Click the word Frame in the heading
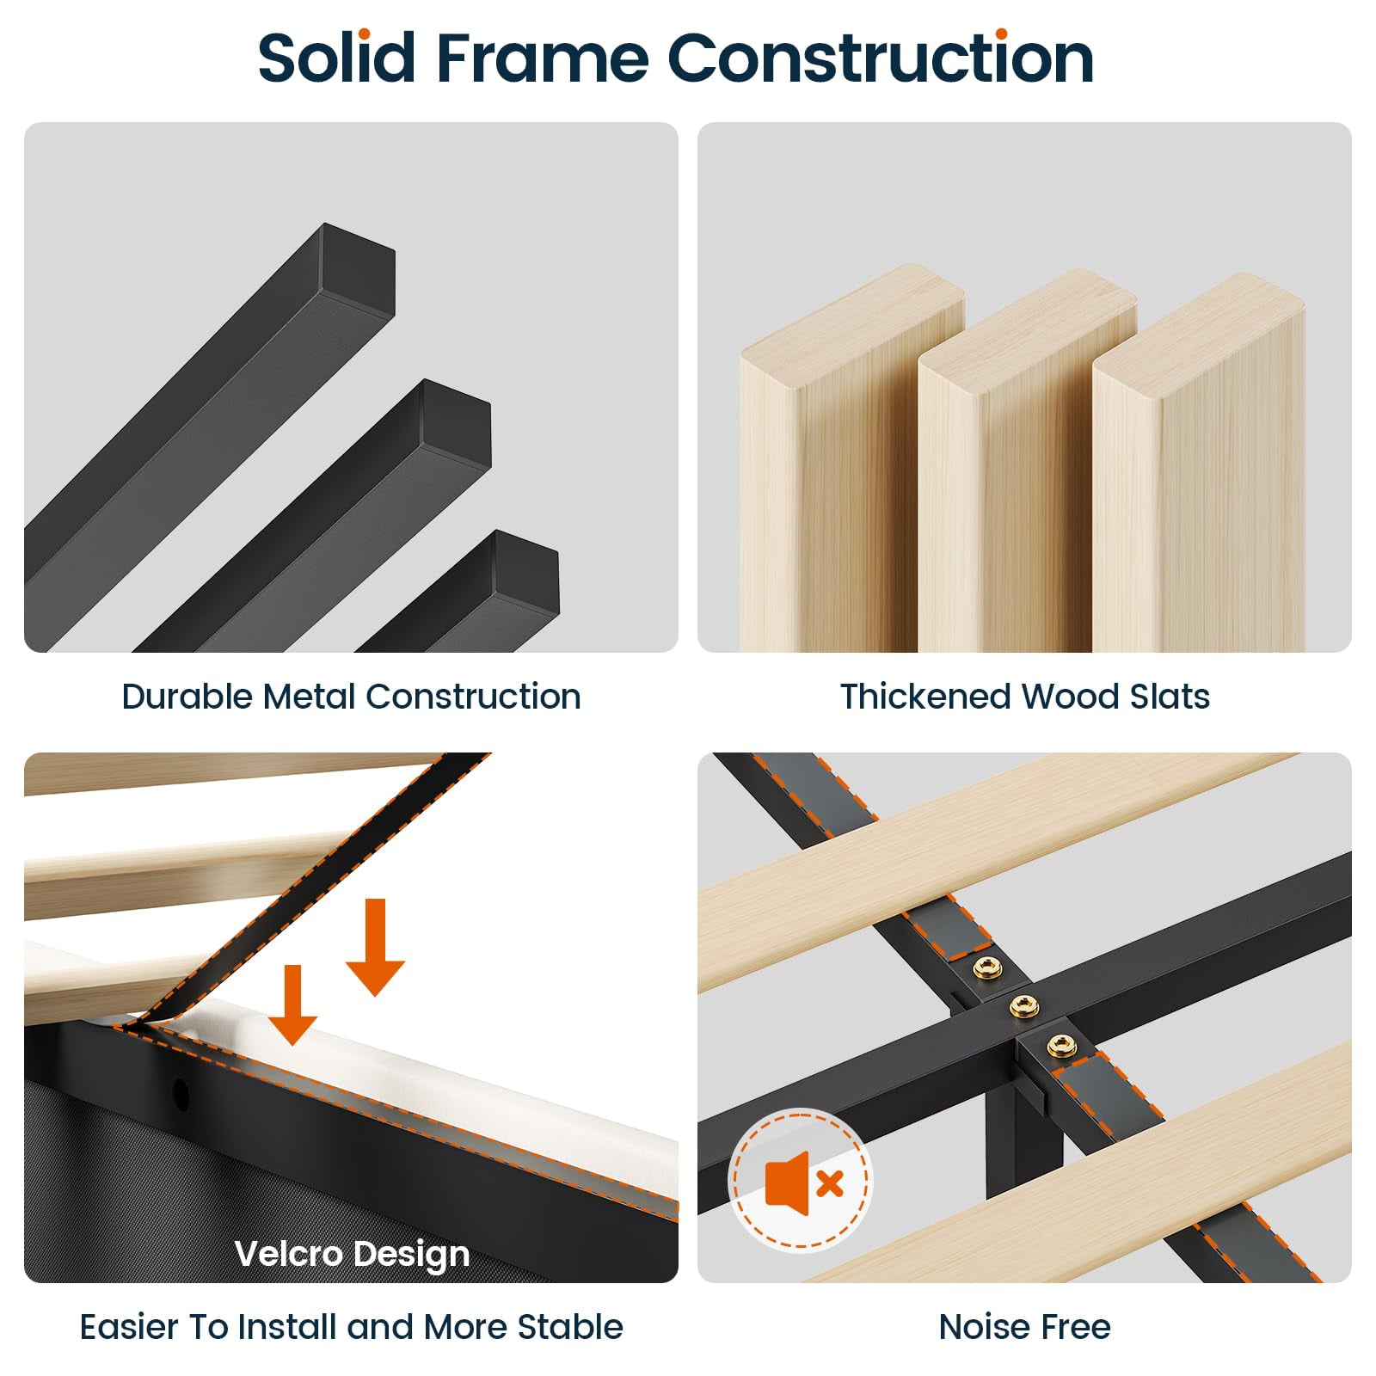[543, 58]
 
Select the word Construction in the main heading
[881, 58]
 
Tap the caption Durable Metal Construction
[351, 697]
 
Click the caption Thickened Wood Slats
[1024, 697]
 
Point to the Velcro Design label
[352, 1255]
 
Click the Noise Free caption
[1024, 1327]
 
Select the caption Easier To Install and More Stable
[351, 1327]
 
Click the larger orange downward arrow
[375, 947]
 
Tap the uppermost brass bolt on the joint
[986, 969]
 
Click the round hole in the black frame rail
[181, 1093]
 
